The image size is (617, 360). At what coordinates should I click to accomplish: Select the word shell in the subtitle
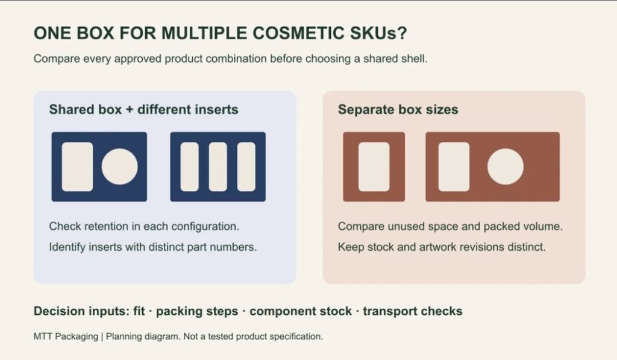[415, 58]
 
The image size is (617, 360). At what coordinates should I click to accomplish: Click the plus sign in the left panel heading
[130, 110]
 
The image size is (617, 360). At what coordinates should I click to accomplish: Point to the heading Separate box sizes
[398, 110]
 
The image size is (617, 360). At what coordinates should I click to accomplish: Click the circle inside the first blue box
[120, 166]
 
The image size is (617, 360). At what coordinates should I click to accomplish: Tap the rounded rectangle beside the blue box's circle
[77, 166]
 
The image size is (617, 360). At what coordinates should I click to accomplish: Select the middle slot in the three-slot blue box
[218, 166]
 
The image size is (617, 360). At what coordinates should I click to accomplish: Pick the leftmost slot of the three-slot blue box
[189, 166]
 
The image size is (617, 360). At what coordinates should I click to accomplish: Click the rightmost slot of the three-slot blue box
[246, 166]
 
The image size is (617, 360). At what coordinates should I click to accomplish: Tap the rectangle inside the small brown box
[374, 166]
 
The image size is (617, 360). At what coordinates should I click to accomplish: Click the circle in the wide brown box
[506, 166]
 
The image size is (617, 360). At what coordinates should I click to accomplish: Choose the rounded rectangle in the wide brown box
[454, 166]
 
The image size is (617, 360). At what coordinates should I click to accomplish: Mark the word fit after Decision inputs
[139, 311]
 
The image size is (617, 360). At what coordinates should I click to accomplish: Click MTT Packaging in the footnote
[66, 336]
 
